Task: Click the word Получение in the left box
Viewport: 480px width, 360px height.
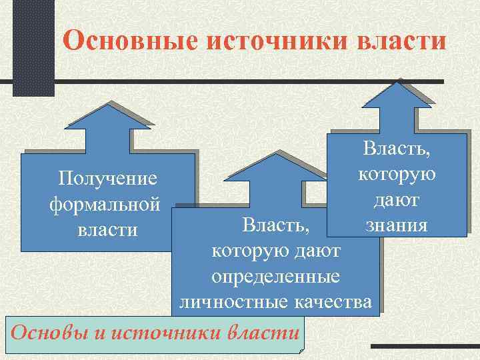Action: pos(107,179)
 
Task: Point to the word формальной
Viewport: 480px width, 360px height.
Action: pos(105,204)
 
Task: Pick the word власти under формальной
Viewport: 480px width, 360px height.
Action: pos(107,230)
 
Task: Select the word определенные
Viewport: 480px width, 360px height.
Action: pos(275,277)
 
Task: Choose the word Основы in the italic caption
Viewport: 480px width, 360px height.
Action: pos(46,332)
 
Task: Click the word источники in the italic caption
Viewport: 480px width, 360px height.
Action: pos(169,332)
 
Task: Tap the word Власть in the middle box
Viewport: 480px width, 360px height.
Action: pos(275,225)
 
